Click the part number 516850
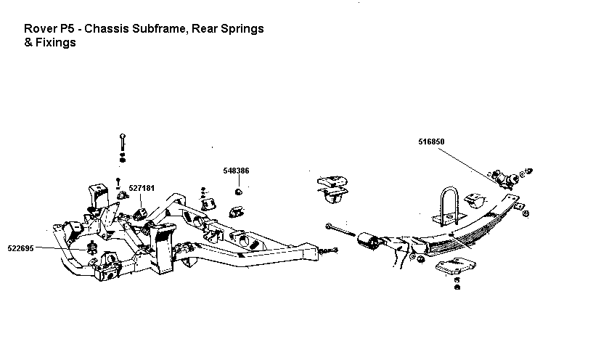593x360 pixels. pyautogui.click(x=431, y=142)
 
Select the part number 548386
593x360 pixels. pyautogui.click(x=236, y=171)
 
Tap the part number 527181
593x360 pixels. pyautogui.click(x=142, y=188)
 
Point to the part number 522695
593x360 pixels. pyautogui.click(x=20, y=248)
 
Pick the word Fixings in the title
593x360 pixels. pyautogui.click(x=56, y=43)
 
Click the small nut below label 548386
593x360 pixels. pyautogui.click(x=238, y=192)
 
